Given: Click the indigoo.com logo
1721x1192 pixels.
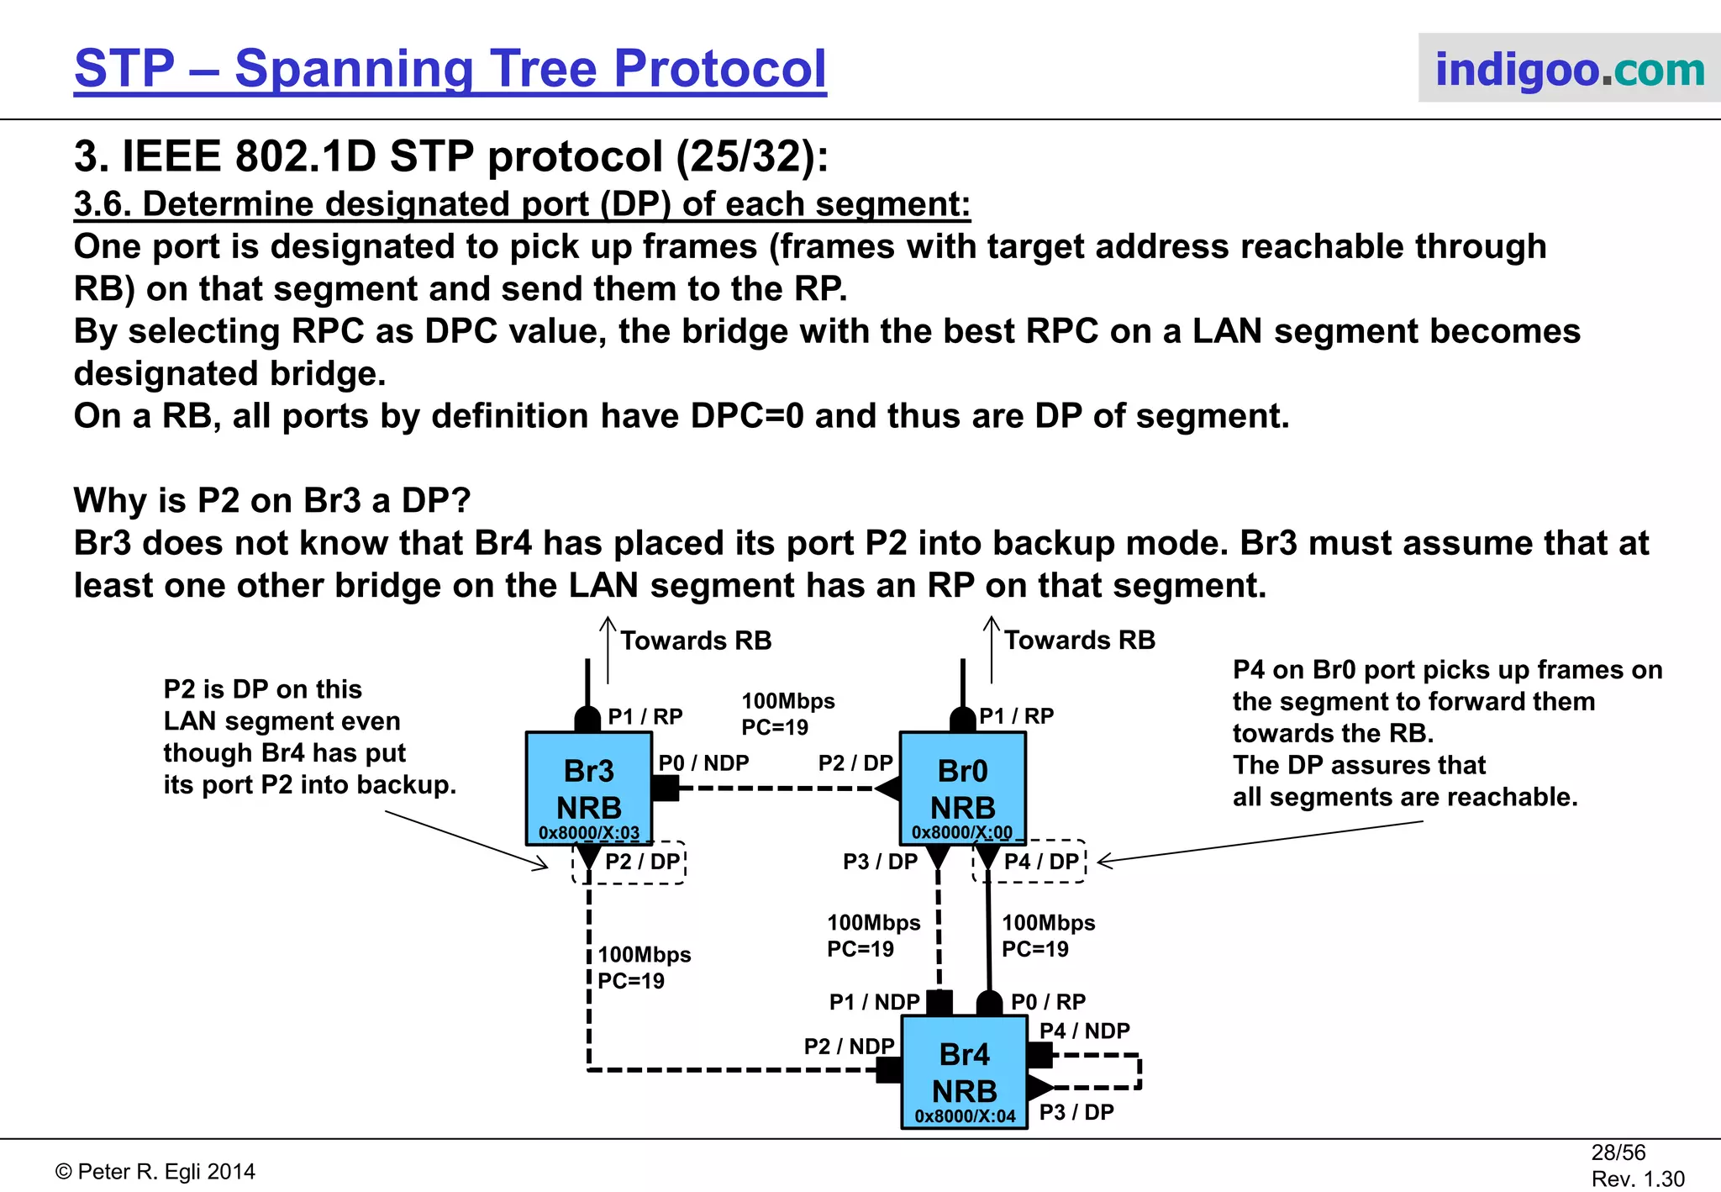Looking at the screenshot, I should click(1569, 69).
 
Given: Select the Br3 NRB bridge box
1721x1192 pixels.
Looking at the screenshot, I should click(589, 788).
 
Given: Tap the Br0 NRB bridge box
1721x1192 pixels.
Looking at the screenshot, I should click(963, 788).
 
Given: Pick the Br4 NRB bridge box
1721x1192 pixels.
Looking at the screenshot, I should click(965, 1071).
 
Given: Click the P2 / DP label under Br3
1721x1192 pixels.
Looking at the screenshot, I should click(642, 862).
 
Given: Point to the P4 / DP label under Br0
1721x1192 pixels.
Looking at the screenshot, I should click(1041, 862).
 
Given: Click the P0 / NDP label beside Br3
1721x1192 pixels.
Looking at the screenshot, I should click(703, 762).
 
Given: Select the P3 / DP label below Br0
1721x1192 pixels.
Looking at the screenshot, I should click(880, 862).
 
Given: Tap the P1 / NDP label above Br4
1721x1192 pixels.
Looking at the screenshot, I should click(874, 1002).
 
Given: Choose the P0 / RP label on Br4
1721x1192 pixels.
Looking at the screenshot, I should click(1048, 1002).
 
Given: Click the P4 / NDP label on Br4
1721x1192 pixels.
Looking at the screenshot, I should click(1084, 1031).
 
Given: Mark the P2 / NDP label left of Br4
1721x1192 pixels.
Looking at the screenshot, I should click(849, 1047).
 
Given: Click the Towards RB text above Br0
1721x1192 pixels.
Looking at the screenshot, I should click(1079, 641).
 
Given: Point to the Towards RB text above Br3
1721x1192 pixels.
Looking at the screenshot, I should click(696, 641).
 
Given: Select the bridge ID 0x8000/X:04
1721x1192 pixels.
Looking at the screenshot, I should click(965, 1116).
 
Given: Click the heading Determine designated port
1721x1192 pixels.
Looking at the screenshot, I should click(522, 204).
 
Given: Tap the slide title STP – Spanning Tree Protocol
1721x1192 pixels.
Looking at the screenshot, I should click(450, 69).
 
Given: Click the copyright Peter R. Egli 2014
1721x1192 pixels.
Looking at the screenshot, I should click(155, 1172).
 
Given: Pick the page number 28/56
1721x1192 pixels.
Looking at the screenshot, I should click(1618, 1152).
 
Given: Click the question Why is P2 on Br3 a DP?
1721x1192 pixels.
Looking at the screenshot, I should click(272, 500).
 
